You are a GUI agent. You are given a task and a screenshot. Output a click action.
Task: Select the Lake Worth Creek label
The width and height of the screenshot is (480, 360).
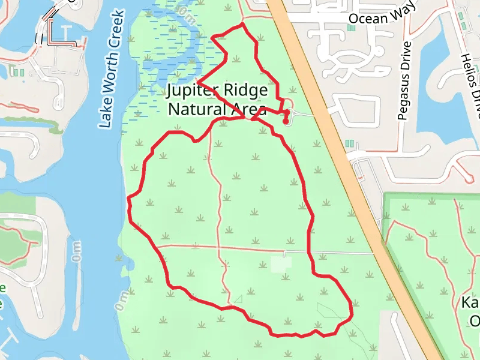click(x=112, y=69)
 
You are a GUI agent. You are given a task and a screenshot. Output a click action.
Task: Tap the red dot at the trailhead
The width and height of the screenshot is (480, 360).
click(x=286, y=120)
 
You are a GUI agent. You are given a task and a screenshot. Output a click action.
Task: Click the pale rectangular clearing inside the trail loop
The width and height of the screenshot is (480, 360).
click(x=281, y=263)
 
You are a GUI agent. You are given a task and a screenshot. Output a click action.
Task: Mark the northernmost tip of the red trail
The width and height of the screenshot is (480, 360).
click(x=242, y=25)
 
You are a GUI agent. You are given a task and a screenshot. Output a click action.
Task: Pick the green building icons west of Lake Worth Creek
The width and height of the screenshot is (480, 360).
click(x=19, y=73)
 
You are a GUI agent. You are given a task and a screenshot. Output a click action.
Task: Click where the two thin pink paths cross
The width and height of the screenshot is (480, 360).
click(x=218, y=246)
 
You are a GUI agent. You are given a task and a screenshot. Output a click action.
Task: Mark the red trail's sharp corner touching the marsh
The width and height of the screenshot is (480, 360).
click(x=197, y=81)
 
